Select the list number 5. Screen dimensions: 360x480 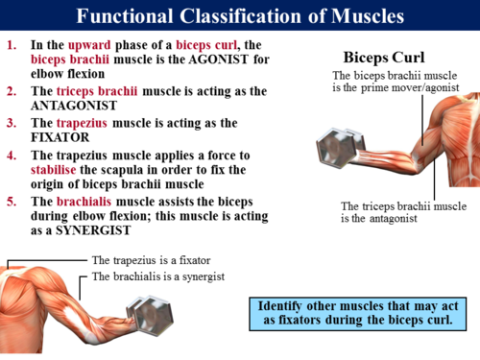(12, 201)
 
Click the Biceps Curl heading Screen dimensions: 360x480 (383, 56)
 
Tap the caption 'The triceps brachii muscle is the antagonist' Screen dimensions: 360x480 (403, 212)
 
